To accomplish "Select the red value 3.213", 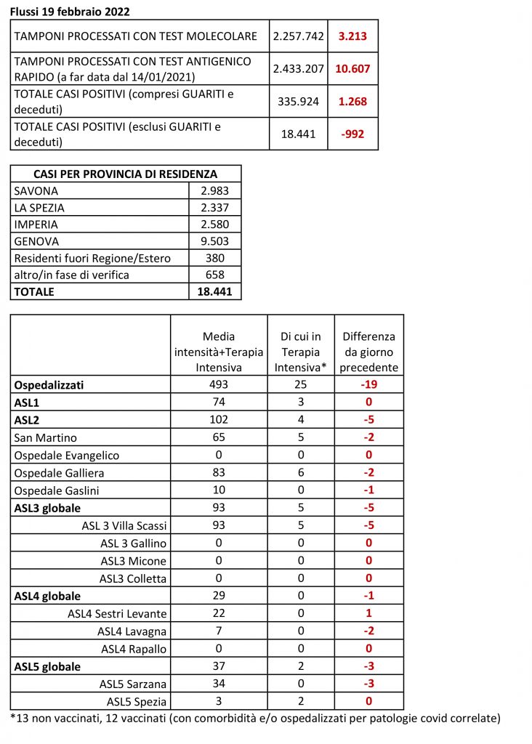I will pyautogui.click(x=352, y=36).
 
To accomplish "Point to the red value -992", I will pyautogui.click(x=352, y=134).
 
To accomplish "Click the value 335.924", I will pyautogui.click(x=298, y=102).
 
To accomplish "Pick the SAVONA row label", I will pyautogui.click(x=36, y=191).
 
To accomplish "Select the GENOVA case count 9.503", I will pyautogui.click(x=214, y=241).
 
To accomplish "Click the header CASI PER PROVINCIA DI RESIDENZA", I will pyautogui.click(x=126, y=174).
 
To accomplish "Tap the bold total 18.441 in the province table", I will pyautogui.click(x=214, y=291).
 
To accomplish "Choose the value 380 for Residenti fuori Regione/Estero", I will pyautogui.click(x=214, y=258).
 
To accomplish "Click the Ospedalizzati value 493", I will pyautogui.click(x=218, y=384).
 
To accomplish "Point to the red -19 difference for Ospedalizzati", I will pyautogui.click(x=368, y=384).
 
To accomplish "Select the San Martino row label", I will pyautogui.click(x=46, y=437).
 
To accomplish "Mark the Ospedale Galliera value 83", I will pyautogui.click(x=218, y=472).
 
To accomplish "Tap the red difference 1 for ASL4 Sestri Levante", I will pyautogui.click(x=368, y=613).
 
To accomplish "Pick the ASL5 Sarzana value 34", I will pyautogui.click(x=218, y=684).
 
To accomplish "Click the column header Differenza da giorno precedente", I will pyautogui.click(x=368, y=352).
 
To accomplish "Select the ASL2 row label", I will pyautogui.click(x=28, y=419).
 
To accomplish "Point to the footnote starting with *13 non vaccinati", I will pyautogui.click(x=255, y=719).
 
